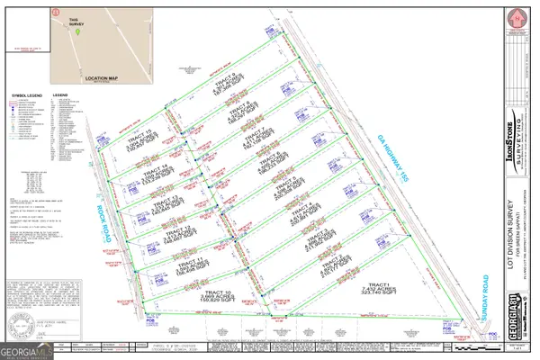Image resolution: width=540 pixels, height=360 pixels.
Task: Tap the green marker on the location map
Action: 78,32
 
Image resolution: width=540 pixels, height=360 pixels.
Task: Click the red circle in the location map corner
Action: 56,10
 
